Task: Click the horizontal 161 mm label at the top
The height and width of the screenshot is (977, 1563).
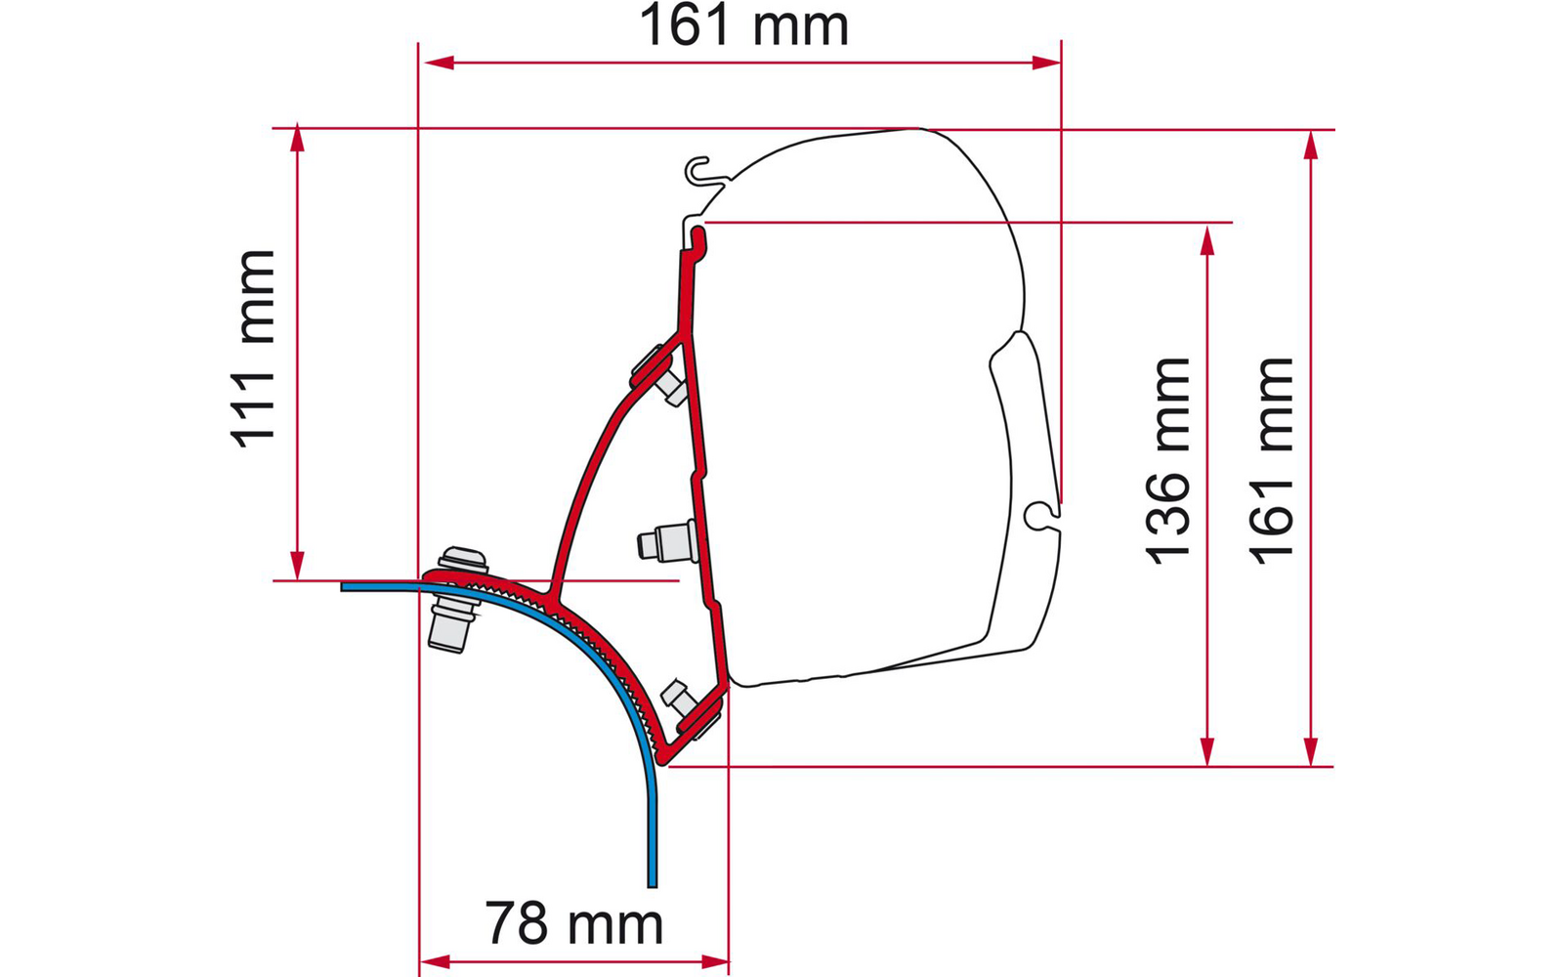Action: pyautogui.click(x=743, y=25)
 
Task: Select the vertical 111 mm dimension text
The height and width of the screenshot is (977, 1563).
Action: pyautogui.click(x=253, y=348)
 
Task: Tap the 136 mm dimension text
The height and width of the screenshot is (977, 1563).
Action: pyautogui.click(x=1167, y=460)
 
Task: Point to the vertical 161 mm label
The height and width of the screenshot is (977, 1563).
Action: pyautogui.click(x=1271, y=460)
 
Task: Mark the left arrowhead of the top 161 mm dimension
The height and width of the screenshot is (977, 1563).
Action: pyautogui.click(x=440, y=63)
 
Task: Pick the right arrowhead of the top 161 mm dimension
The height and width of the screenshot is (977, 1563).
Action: pyautogui.click(x=1046, y=63)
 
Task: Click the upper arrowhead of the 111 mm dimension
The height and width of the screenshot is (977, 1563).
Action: pyautogui.click(x=297, y=138)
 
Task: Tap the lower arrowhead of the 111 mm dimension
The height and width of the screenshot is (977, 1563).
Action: pyautogui.click(x=297, y=565)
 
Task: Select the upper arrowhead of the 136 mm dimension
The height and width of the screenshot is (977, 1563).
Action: pyautogui.click(x=1207, y=240)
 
